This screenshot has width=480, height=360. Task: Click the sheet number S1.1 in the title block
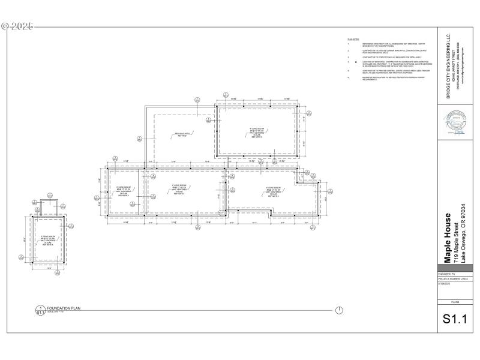click(x=454, y=319)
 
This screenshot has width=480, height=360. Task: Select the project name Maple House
click(x=448, y=238)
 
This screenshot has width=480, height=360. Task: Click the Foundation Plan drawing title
click(x=64, y=308)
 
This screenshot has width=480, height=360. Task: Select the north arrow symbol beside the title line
click(x=339, y=310)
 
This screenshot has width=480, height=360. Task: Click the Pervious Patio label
click(x=181, y=135)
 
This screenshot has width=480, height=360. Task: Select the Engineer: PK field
click(x=446, y=274)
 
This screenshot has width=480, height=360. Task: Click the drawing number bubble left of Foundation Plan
click(x=41, y=310)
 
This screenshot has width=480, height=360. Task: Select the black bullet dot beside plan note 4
click(x=356, y=61)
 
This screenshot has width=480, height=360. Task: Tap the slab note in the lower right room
click(x=274, y=192)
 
